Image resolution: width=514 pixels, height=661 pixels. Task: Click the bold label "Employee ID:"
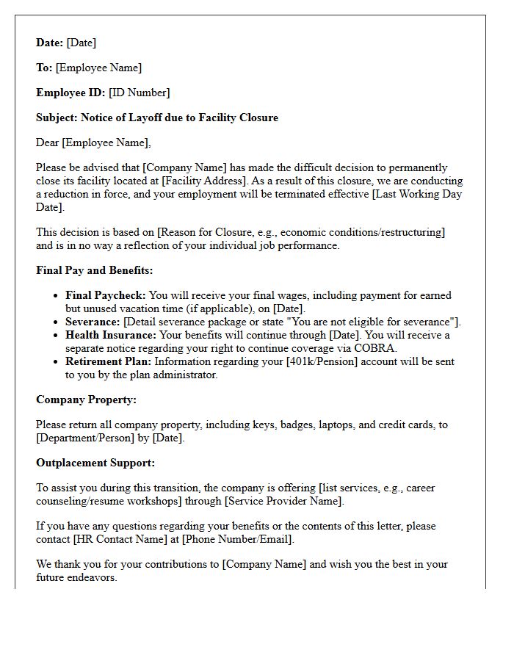pos(70,93)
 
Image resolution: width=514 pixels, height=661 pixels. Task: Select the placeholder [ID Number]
pos(139,93)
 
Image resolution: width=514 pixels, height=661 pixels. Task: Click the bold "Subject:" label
pos(57,118)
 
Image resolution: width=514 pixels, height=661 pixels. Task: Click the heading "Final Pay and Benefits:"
pos(94,270)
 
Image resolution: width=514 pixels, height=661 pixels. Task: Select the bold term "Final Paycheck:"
pos(106,295)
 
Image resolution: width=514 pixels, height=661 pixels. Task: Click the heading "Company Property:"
pos(86,400)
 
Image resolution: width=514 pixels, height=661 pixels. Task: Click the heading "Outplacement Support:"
pos(95,463)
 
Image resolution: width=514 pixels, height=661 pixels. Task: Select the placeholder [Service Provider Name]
pos(283,501)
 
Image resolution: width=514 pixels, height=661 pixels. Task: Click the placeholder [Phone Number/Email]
pos(237,539)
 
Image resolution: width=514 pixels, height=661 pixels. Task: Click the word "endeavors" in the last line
pos(96,577)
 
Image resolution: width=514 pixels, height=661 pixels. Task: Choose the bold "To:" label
pos(44,68)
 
